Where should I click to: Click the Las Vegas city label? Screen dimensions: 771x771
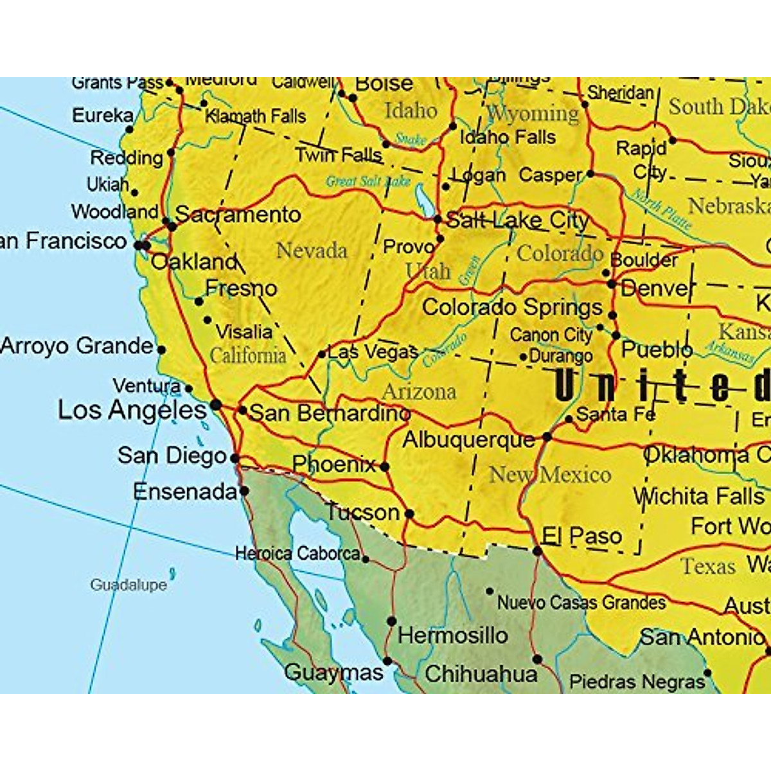(373, 352)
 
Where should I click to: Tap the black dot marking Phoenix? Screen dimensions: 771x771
(384, 466)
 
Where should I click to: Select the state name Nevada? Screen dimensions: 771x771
(312, 251)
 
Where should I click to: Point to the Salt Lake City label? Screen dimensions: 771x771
(517, 220)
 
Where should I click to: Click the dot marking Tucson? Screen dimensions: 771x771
(409, 514)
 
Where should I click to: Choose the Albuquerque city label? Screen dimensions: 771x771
(469, 440)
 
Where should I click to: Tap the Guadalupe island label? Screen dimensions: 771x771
(128, 585)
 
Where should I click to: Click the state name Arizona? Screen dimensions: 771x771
(419, 391)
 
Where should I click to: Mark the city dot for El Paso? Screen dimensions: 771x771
(537, 551)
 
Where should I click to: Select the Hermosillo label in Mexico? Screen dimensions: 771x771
(453, 635)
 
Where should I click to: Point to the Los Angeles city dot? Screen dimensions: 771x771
(217, 404)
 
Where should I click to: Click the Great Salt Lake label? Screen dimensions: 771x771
(368, 182)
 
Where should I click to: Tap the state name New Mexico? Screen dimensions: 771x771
(550, 475)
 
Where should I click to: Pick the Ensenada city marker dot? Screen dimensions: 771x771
(244, 491)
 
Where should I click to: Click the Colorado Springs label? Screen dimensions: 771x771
(512, 307)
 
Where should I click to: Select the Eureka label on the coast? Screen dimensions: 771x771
(103, 116)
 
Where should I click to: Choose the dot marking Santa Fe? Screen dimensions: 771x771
(569, 419)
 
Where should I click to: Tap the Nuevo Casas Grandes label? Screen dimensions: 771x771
(581, 603)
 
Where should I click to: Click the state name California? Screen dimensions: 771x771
(248, 355)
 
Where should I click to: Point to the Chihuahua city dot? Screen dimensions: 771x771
(538, 659)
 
